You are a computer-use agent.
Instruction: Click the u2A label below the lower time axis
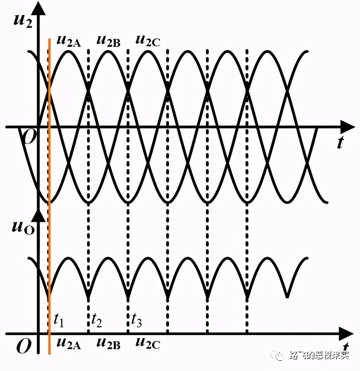pos(69,343)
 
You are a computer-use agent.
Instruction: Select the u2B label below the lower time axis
pos(108,343)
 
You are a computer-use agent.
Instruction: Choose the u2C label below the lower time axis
pos(147,343)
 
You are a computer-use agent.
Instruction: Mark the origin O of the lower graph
pos(24,347)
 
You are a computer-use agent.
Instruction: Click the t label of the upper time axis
pos(340,143)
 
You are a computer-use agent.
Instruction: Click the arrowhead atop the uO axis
pos(38,214)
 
